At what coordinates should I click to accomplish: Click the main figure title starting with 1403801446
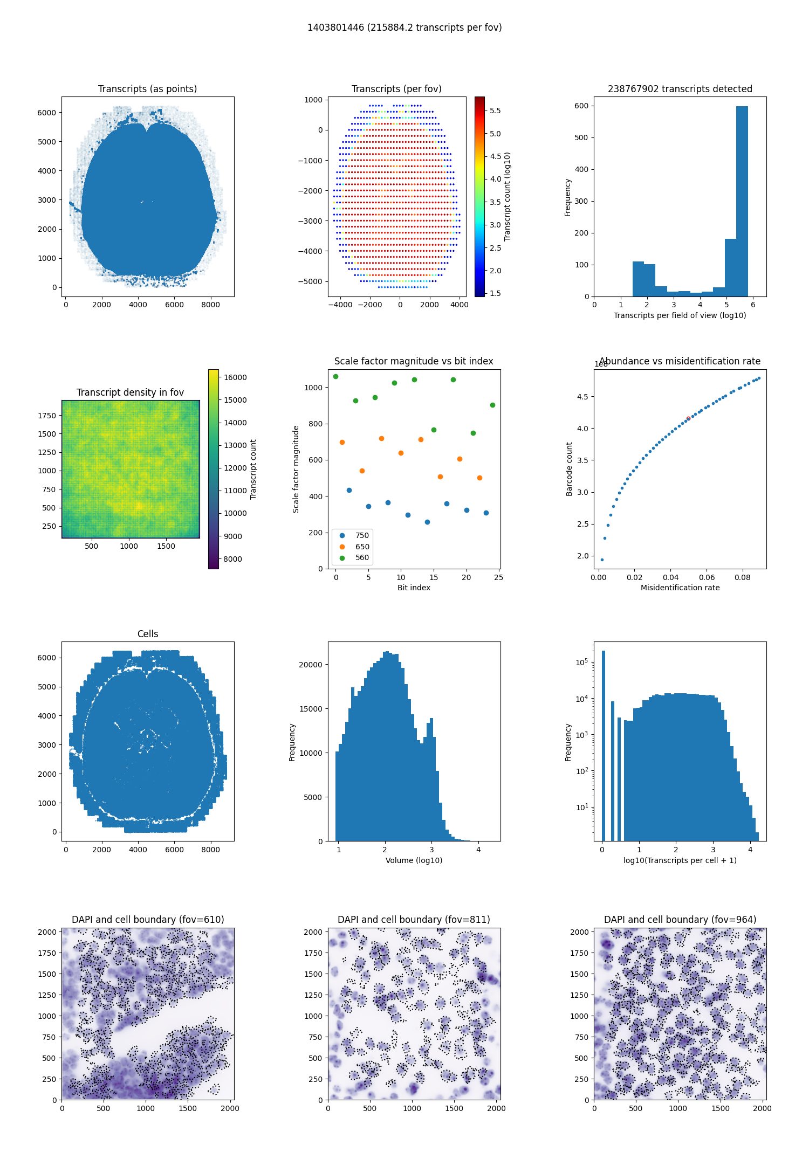[x=404, y=27]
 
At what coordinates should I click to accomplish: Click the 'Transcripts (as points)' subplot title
[x=147, y=89]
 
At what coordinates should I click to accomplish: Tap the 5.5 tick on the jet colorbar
[x=495, y=111]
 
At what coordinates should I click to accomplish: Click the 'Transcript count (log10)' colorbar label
[x=508, y=196]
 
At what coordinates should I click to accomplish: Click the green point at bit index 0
[x=335, y=377]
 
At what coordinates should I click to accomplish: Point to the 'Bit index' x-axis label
[x=414, y=588]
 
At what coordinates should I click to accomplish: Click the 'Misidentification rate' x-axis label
[x=680, y=588]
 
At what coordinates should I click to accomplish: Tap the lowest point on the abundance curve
[x=602, y=560]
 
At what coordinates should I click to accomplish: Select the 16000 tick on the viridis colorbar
[x=235, y=377]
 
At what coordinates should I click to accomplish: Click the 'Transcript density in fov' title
[x=130, y=392]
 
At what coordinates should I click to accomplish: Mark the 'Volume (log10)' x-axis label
[x=414, y=860]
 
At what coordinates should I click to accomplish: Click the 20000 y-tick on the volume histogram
[x=311, y=665]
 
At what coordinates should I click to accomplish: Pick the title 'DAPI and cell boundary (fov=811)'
[x=414, y=920]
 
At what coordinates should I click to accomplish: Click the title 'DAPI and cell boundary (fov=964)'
[x=680, y=920]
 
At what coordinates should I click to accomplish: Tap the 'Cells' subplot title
[x=148, y=634]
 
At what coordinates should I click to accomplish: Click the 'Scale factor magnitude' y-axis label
[x=296, y=469]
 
